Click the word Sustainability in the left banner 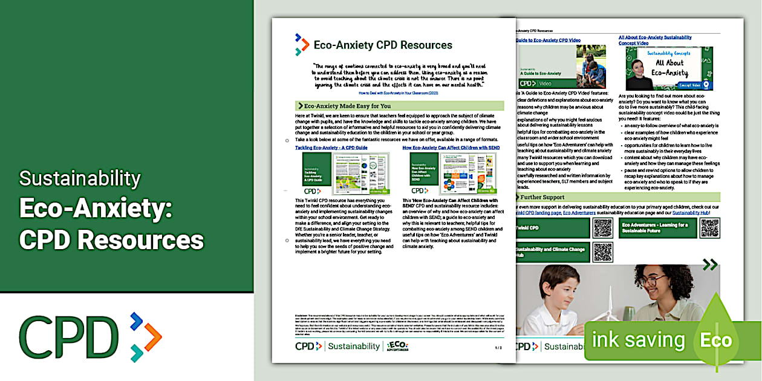click(80, 179)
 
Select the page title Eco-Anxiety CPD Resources click(383, 45)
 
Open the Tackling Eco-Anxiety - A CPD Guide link click(331, 148)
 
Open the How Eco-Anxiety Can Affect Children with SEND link click(451, 148)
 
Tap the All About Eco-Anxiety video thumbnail click(669, 68)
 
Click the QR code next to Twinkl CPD click(603, 228)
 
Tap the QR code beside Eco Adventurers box click(709, 228)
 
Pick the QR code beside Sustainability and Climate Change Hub click(603, 252)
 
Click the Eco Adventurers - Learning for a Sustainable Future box click(657, 228)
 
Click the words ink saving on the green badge click(638, 340)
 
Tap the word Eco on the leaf click(715, 340)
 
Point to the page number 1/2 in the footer click(498, 348)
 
